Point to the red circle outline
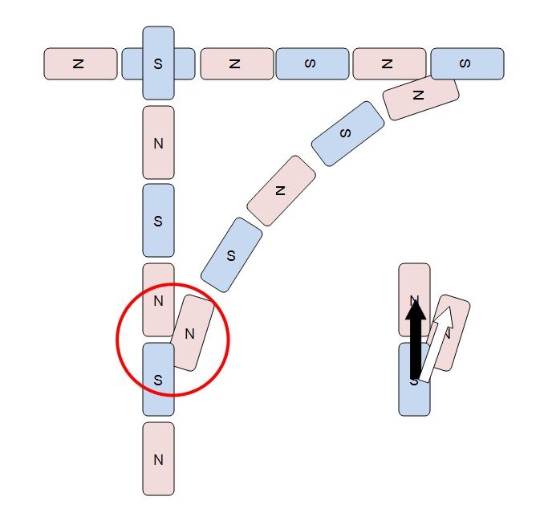click(x=118, y=340)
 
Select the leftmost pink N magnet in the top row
click(x=79, y=64)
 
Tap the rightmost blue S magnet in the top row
click(x=467, y=64)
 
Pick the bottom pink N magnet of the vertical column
click(x=158, y=458)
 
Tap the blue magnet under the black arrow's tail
click(x=414, y=397)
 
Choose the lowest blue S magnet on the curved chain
click(x=231, y=255)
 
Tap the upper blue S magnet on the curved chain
click(x=347, y=133)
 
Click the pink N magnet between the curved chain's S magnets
click(x=281, y=190)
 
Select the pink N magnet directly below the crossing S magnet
click(x=158, y=143)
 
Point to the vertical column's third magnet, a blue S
click(x=158, y=220)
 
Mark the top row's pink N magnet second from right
click(x=388, y=64)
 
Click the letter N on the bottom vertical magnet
click(x=158, y=460)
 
